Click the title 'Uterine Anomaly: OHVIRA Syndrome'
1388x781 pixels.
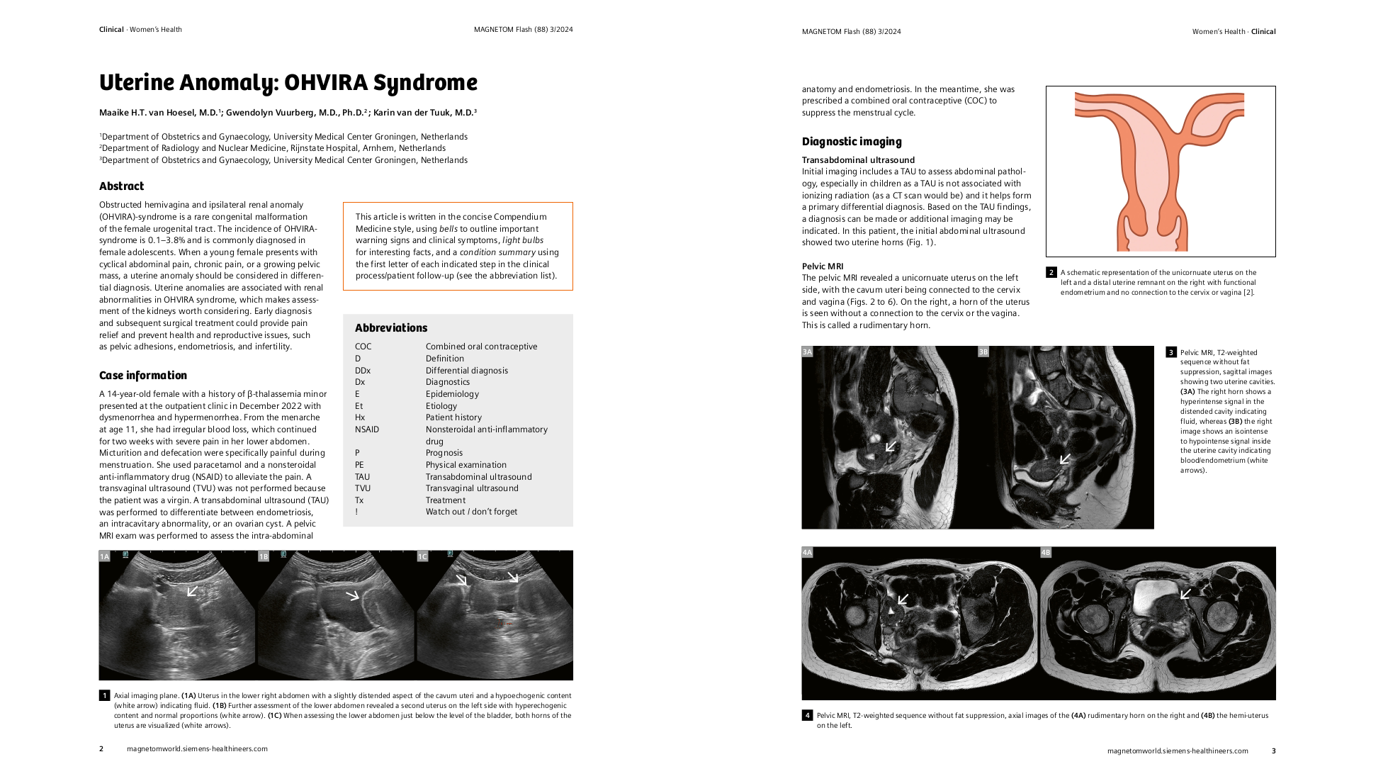pos(288,83)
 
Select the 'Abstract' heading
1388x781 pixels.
pos(121,186)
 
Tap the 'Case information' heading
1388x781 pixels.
pos(142,376)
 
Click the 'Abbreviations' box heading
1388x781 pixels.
pos(390,328)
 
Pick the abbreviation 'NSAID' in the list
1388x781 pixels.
pos(366,429)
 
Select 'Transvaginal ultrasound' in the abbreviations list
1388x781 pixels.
pos(471,488)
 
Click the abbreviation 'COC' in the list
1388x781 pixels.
pos(363,347)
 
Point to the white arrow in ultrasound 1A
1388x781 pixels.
pos(192,590)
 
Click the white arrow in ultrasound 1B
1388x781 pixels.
pos(352,595)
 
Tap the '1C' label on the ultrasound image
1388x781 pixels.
pos(422,556)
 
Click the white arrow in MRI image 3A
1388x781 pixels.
pos(891,446)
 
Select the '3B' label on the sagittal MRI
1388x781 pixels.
pos(983,352)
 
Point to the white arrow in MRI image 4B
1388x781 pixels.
pos(1185,593)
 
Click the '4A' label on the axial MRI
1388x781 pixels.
pos(807,552)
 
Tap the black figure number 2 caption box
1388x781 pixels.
pos(1051,272)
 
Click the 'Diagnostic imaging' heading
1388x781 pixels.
pos(851,142)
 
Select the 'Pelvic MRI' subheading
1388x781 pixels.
pos(822,266)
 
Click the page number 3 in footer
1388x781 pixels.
pos(1273,751)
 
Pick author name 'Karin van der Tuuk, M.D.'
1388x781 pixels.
pos(424,113)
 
